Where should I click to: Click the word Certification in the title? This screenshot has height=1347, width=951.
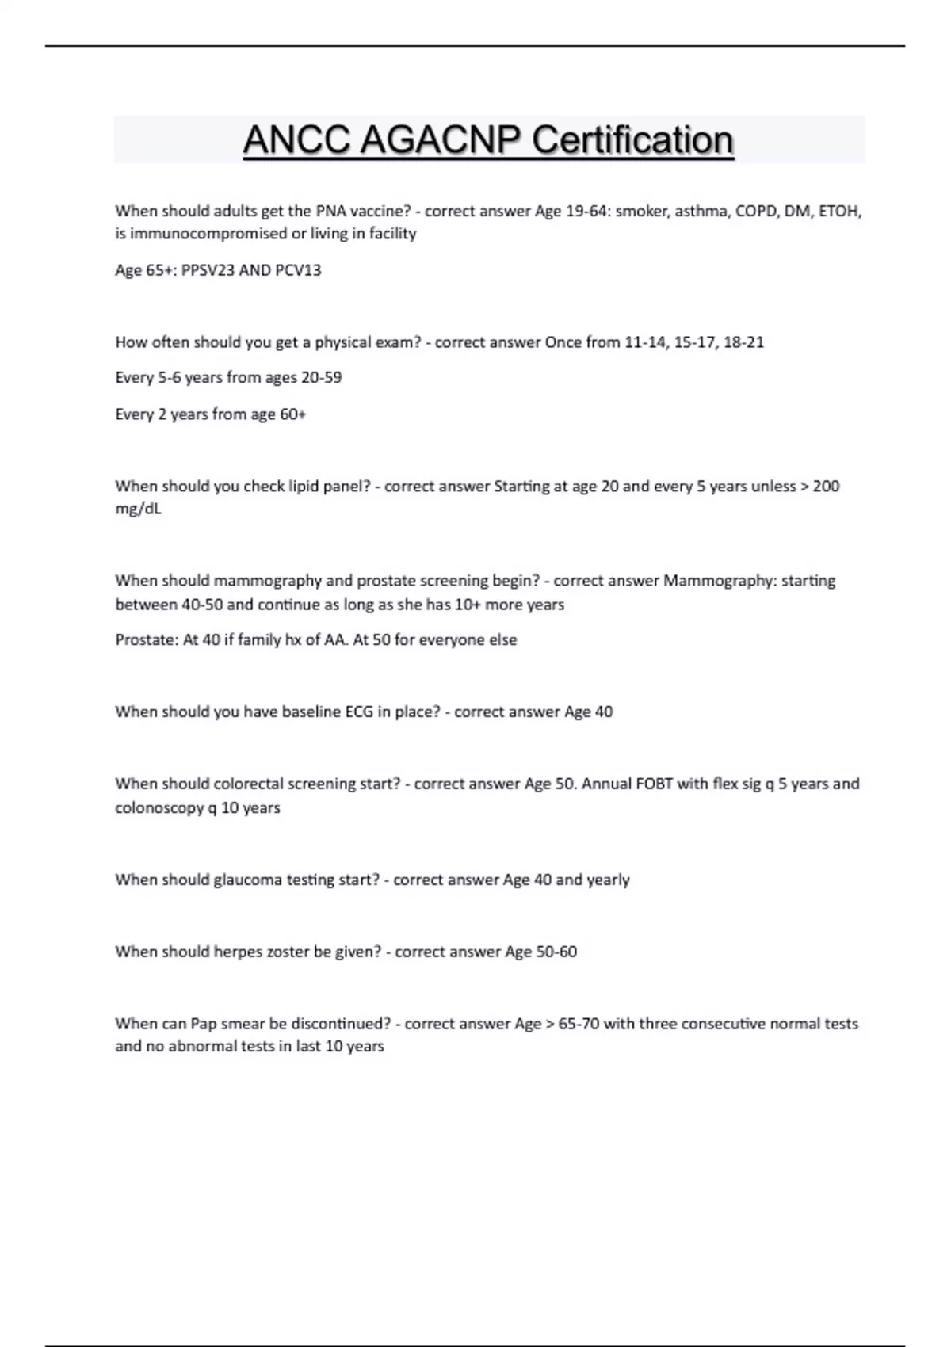632,140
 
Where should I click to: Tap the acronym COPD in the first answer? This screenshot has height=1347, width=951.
756,212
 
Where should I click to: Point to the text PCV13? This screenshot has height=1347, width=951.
298,270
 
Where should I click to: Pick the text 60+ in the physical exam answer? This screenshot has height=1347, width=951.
292,414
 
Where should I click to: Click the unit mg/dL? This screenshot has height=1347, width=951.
138,509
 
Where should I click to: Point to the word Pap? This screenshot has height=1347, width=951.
204,1024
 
